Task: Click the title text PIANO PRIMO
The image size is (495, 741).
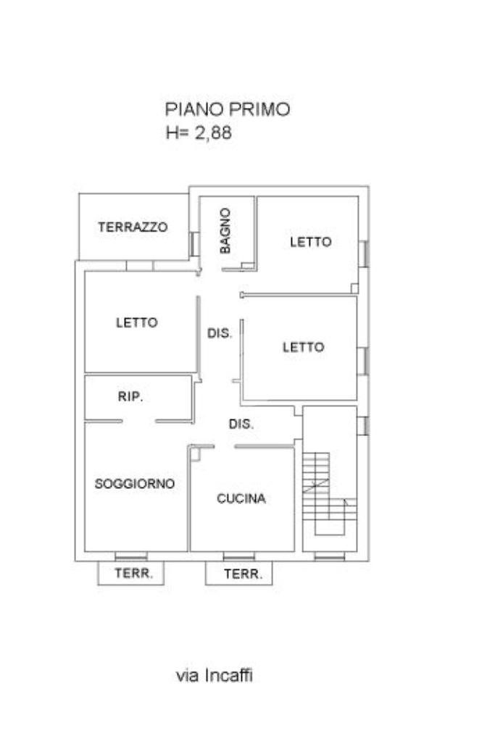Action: (x=228, y=109)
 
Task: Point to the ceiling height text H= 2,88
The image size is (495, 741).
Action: (x=199, y=133)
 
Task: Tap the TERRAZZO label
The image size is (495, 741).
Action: (x=133, y=227)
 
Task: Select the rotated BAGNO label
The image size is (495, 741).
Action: (x=225, y=231)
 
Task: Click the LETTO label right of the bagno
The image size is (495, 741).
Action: (x=311, y=242)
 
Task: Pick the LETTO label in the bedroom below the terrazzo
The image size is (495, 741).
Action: (x=137, y=323)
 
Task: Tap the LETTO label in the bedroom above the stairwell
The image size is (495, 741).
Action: (x=304, y=348)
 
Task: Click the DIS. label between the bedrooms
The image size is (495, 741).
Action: (x=220, y=333)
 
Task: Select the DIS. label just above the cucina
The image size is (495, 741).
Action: (x=241, y=424)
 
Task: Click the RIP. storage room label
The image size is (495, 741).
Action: (x=130, y=396)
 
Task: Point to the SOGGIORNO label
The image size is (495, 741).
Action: (x=135, y=483)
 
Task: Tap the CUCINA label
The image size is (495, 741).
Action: (x=241, y=498)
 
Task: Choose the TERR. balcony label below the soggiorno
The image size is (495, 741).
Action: (x=134, y=573)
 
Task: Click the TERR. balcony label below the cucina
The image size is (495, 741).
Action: (x=243, y=574)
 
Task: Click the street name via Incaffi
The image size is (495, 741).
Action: (x=215, y=675)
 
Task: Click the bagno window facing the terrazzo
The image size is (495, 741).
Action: (x=194, y=244)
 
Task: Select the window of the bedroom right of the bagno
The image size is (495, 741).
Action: (x=363, y=254)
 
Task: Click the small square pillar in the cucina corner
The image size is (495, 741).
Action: (x=195, y=455)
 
